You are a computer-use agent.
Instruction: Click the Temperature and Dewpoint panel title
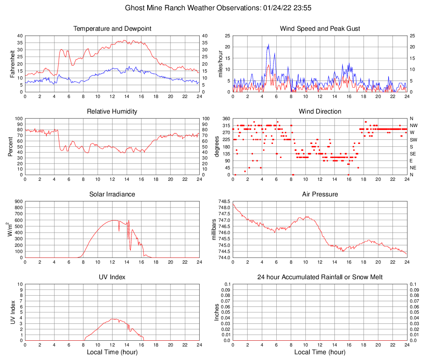tap(112, 29)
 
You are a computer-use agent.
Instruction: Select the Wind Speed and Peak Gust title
tap(320, 29)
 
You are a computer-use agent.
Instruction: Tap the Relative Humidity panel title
tap(112, 112)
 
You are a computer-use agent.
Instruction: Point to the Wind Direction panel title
tap(320, 112)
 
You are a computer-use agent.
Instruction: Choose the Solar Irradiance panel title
tap(112, 194)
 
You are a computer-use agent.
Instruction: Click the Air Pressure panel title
tap(320, 194)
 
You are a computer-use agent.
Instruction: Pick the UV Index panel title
tap(112, 277)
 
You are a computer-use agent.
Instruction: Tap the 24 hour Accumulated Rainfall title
tap(320, 277)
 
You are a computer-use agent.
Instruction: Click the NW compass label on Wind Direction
tap(413, 125)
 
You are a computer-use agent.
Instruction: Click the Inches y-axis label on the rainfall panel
tap(216, 312)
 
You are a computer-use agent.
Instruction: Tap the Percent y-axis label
tap(11, 147)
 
